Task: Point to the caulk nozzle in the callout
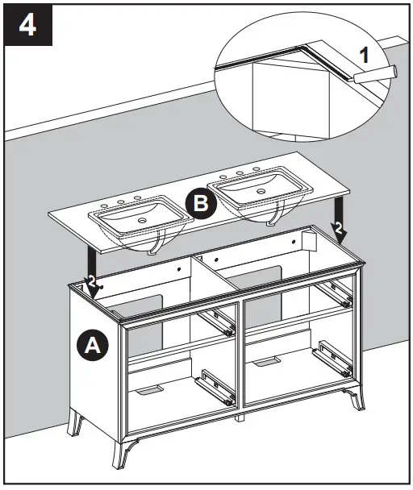[372, 74]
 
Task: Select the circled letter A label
[92, 346]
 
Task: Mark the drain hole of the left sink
[143, 219]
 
